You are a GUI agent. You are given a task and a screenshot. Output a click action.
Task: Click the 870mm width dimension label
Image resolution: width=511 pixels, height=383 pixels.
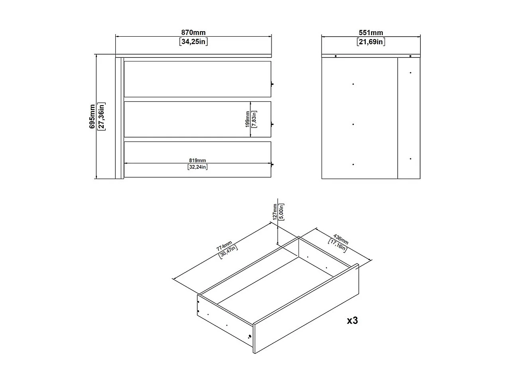[193, 32]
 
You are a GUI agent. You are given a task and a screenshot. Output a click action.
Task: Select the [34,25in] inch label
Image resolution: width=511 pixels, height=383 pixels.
[193, 41]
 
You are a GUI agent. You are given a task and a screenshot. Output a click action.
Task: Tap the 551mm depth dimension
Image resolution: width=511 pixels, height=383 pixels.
[371, 33]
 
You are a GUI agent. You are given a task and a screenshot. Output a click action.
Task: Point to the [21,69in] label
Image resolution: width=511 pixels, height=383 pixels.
[371, 42]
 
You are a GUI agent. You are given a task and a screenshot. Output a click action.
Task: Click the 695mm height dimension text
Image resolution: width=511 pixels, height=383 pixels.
[92, 116]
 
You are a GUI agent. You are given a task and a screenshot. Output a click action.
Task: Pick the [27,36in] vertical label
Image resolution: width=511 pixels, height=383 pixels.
[101, 116]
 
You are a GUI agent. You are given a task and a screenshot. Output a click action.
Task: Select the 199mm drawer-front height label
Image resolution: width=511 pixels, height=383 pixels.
[247, 119]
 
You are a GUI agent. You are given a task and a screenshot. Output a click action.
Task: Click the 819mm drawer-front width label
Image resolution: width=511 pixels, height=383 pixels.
[197, 160]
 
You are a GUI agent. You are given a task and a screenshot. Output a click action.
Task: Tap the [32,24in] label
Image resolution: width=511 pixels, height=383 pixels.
[197, 167]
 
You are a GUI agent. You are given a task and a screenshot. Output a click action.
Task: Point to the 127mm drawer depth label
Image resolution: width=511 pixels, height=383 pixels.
[275, 211]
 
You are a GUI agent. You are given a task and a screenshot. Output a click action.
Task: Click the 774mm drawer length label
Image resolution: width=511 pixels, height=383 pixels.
[224, 246]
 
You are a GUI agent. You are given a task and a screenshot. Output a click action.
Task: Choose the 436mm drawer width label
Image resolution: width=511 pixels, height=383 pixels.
[341, 239]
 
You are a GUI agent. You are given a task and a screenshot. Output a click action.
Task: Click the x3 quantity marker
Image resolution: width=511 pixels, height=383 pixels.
[352, 321]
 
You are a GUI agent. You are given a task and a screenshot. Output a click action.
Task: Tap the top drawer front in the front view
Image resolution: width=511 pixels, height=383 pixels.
[197, 79]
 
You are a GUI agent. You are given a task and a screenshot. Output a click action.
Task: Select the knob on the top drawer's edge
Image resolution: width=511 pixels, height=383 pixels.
[272, 84]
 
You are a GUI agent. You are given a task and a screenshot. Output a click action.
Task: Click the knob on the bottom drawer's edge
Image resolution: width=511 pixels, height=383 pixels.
[272, 164]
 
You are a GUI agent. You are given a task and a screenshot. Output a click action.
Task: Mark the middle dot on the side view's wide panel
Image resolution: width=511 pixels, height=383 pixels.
[353, 124]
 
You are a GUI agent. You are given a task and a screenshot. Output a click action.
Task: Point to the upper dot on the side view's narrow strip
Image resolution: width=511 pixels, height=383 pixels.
[410, 73]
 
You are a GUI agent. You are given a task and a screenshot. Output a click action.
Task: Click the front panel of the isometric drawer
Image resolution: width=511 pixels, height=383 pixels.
[306, 308]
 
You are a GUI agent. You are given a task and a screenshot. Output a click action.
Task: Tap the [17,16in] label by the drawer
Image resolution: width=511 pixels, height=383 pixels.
[337, 245]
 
